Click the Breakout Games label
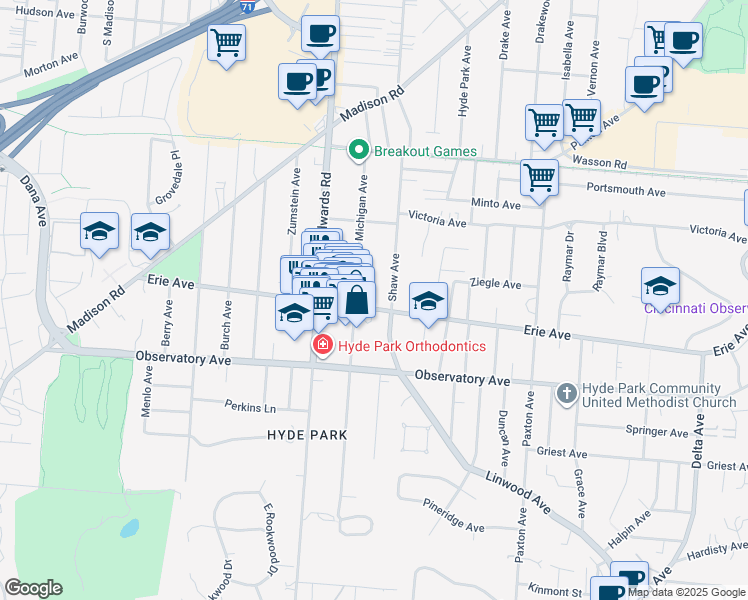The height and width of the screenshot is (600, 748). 425,151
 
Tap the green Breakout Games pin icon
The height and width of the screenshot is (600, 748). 359,151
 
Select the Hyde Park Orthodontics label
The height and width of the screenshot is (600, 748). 412,346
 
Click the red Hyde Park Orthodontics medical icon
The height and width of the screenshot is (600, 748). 322,347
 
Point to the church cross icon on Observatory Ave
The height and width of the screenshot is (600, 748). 566,391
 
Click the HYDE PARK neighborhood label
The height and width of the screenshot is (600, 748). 307,435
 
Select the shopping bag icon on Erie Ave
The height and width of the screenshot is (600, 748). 356,300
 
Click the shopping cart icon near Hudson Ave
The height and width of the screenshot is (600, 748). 227,43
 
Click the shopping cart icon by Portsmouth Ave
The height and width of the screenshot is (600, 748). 539,178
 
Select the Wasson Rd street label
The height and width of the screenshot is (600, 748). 607,163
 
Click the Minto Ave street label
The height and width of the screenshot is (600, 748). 497,204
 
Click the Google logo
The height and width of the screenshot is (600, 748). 33,588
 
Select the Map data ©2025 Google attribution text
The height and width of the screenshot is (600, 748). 685,592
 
